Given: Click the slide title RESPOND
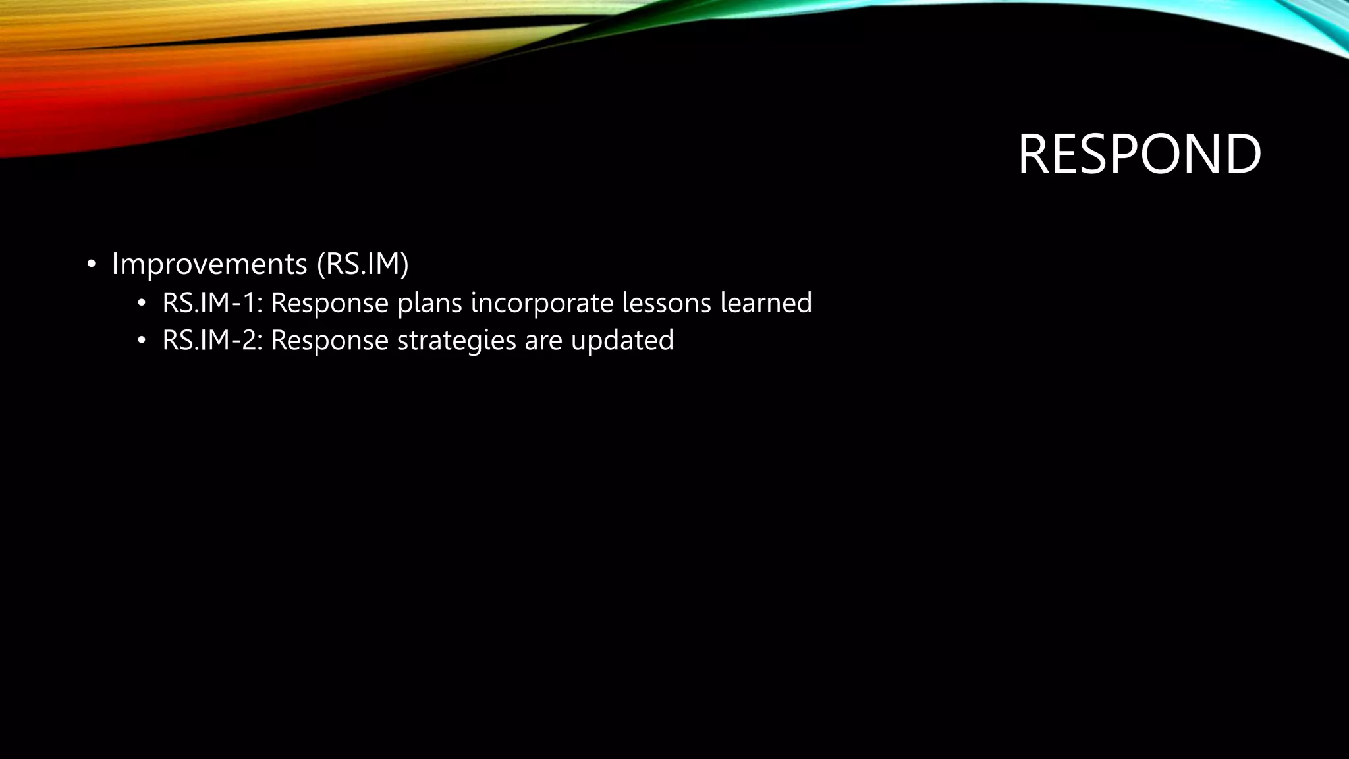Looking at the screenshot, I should tap(1139, 154).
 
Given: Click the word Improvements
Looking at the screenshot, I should tap(209, 264).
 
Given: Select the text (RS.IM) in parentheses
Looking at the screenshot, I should tap(362, 264).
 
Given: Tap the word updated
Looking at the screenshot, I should tap(622, 341).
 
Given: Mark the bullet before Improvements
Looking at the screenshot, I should tap(92, 265).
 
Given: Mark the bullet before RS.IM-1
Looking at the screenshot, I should tap(141, 304).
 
